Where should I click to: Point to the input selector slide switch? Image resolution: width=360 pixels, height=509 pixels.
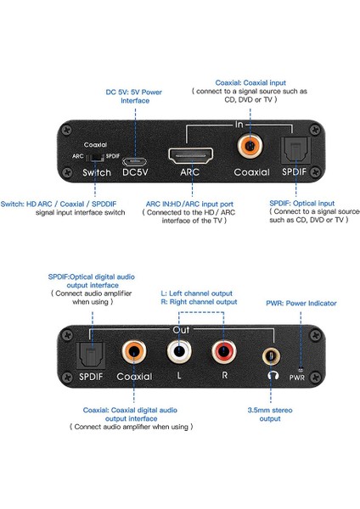(x=98, y=156)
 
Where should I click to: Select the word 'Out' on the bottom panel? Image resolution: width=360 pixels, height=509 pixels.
(x=181, y=329)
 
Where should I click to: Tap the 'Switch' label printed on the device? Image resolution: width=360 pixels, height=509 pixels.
(x=96, y=173)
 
